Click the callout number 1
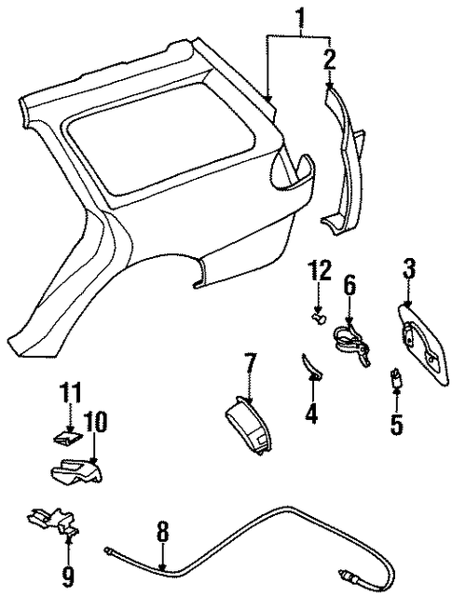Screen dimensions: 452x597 (x=301, y=18)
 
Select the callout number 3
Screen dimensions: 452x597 (x=408, y=269)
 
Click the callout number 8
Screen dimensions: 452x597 (x=163, y=531)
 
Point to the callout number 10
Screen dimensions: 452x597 (x=95, y=422)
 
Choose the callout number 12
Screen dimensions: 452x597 (x=321, y=271)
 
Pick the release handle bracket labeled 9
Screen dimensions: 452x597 (x=53, y=520)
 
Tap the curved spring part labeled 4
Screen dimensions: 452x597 (x=311, y=366)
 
